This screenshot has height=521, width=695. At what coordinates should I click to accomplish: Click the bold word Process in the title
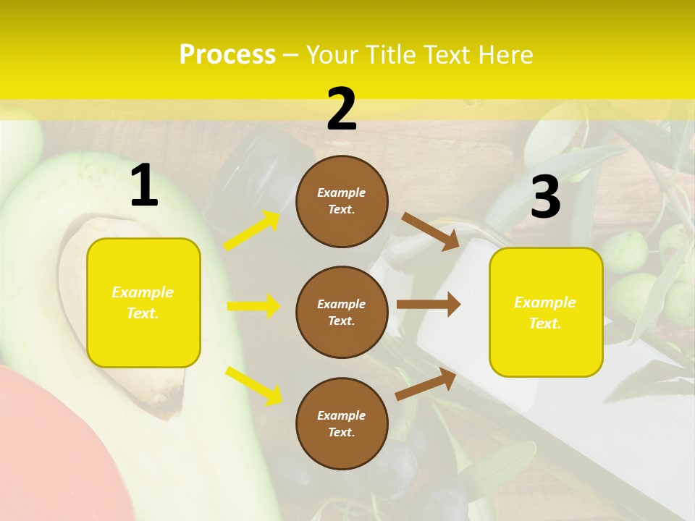[227, 55]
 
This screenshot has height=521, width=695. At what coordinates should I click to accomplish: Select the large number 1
[144, 186]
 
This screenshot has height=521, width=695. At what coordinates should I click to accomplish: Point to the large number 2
[342, 109]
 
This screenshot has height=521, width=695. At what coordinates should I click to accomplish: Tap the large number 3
[545, 198]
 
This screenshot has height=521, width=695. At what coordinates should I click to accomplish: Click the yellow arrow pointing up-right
[251, 231]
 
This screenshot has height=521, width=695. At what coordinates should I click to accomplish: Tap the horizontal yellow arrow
[253, 306]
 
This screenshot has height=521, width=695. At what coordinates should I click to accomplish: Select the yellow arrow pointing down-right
[253, 385]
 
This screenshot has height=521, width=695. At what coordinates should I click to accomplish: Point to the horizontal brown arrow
[428, 305]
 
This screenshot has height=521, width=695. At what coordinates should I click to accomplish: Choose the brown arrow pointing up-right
[426, 384]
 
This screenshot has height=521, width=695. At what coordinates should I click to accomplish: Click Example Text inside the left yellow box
[143, 302]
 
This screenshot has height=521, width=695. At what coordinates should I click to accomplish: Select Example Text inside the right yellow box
[545, 313]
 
